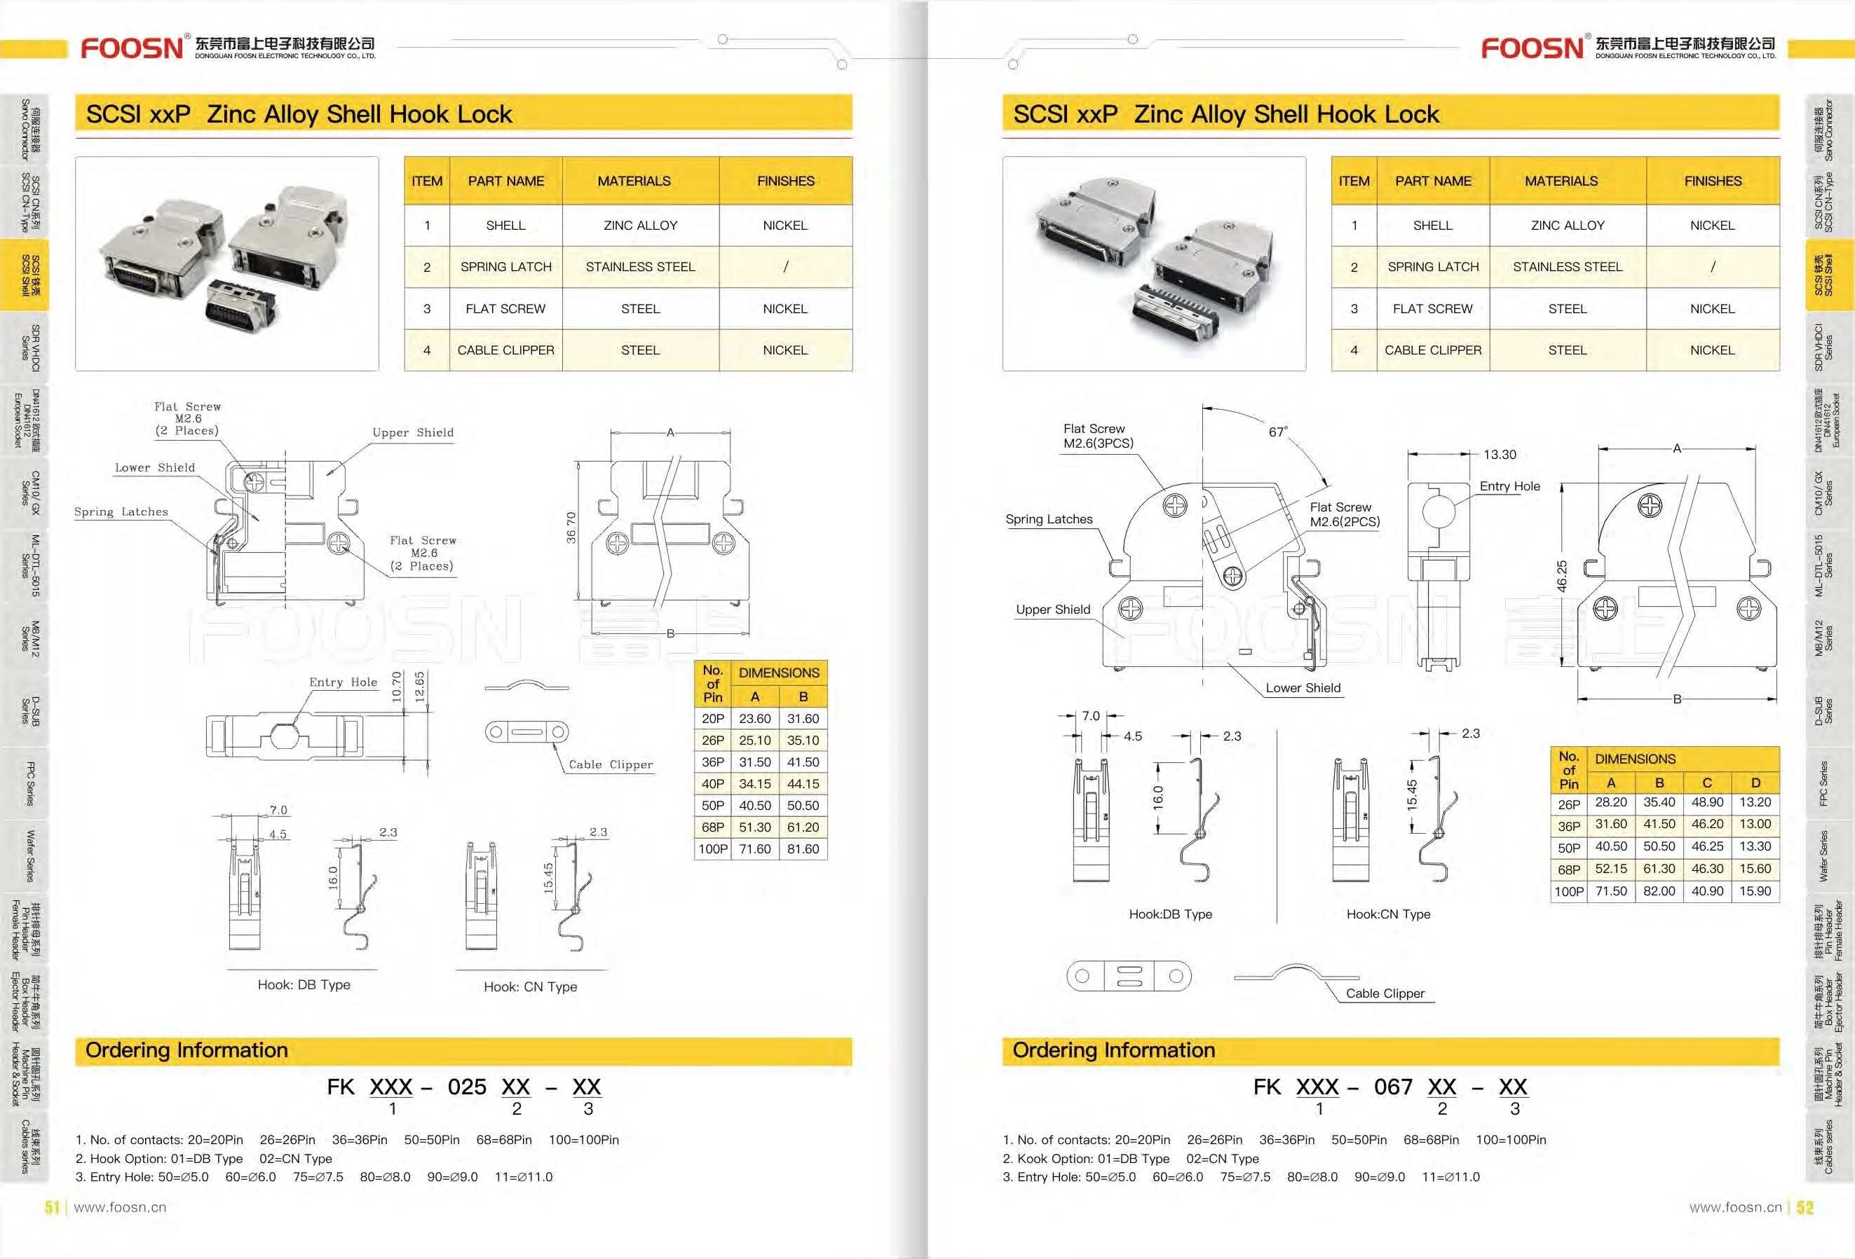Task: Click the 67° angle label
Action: (x=1278, y=432)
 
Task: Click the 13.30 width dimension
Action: (x=1499, y=455)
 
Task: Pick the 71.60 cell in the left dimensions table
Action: (x=754, y=849)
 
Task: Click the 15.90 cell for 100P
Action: (x=1755, y=891)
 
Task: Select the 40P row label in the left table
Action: (x=712, y=784)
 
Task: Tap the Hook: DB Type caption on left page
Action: (x=304, y=984)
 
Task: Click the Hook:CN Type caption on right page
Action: (x=1388, y=914)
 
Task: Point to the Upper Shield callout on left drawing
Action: (x=413, y=432)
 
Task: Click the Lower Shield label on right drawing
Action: (x=1303, y=688)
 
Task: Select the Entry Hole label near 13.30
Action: (x=1509, y=486)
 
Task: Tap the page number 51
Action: (x=52, y=1207)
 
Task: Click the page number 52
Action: (x=1805, y=1207)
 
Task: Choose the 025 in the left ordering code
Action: (x=467, y=1087)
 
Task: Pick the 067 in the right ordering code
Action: (x=1393, y=1087)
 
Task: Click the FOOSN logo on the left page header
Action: (x=132, y=48)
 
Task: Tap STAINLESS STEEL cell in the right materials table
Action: (x=1567, y=266)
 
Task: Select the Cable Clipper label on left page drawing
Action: (x=611, y=764)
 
